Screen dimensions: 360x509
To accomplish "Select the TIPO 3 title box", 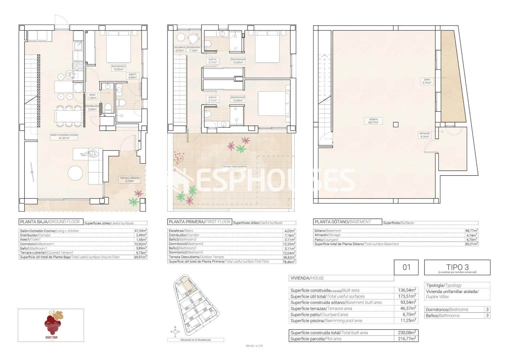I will (457, 267).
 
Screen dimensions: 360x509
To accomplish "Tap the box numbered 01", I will (406, 267).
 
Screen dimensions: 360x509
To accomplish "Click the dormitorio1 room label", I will (119, 68).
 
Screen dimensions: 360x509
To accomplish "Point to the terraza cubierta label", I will (130, 179).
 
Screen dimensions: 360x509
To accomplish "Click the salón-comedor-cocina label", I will (64, 136).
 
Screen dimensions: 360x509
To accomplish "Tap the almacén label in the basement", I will (425, 135).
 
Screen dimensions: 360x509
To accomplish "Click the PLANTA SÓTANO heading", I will (342, 222).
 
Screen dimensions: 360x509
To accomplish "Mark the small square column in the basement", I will (395, 125).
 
